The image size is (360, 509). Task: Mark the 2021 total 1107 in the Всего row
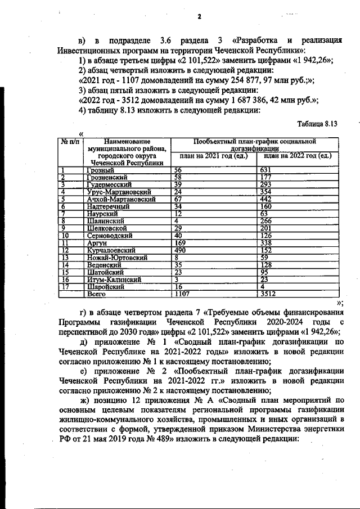[x=183, y=294]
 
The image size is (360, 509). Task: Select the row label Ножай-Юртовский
[x=117, y=257]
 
